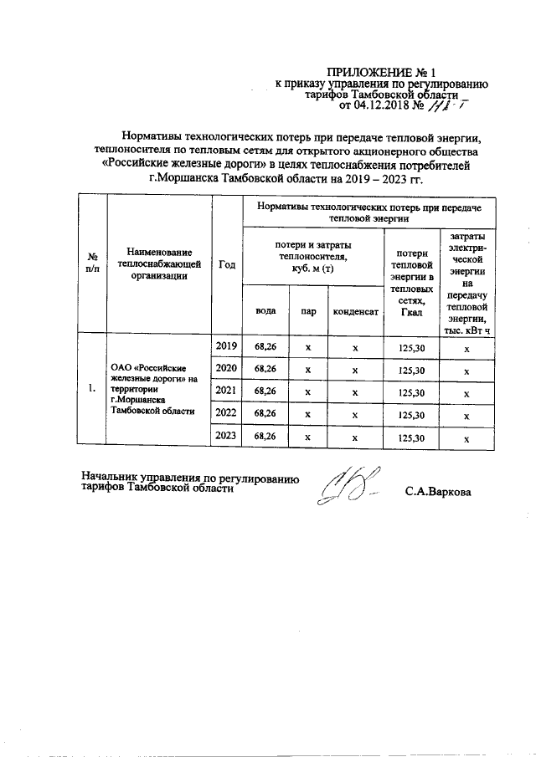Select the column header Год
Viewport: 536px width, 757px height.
point(226,264)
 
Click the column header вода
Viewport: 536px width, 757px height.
point(265,310)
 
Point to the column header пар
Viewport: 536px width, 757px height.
point(308,310)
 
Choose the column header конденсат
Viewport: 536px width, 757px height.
point(355,310)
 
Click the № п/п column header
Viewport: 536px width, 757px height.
point(93,264)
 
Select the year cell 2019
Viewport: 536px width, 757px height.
point(226,346)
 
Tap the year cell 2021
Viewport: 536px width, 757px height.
point(226,391)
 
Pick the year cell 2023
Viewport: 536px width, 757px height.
point(226,435)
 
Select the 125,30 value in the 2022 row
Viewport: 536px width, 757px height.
point(412,414)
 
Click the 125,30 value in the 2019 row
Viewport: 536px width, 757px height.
point(412,347)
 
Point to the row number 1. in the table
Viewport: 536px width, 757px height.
point(92,390)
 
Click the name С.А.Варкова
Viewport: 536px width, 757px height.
point(437,491)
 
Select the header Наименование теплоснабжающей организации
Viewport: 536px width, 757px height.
point(159,264)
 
